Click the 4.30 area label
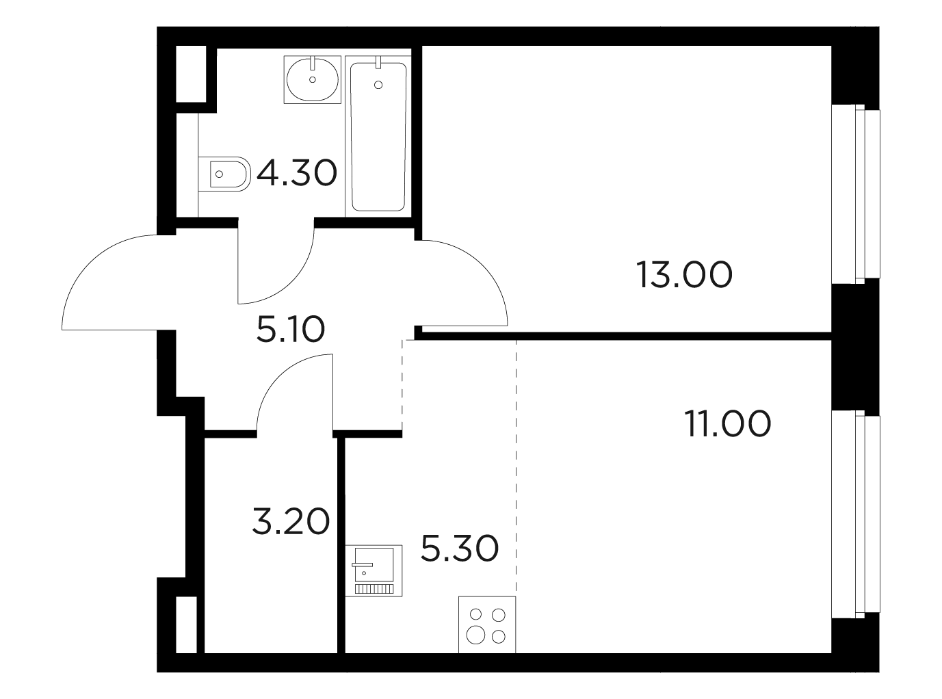coord(297,173)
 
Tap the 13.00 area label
coord(684,275)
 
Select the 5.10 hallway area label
coord(291,329)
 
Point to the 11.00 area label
coord(727,423)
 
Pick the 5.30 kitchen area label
coord(460,549)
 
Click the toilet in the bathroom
coord(224,174)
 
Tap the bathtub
coord(378,137)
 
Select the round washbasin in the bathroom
coord(313,79)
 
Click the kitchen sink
coord(374,570)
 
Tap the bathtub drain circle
coord(378,85)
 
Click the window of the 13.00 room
coord(855,194)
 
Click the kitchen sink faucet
coord(363,565)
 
